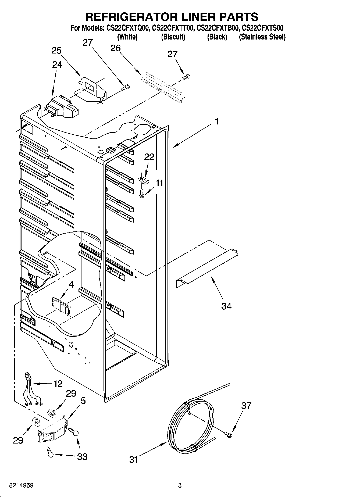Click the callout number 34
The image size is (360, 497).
point(226,306)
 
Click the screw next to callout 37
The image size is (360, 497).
point(228,434)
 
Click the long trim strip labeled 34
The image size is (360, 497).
point(207,269)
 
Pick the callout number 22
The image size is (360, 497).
point(149,157)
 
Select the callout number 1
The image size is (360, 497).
point(217,121)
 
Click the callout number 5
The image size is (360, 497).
point(83,401)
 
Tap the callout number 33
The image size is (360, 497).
point(82,457)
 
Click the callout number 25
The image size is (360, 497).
point(56,50)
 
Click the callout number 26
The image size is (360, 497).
point(116,48)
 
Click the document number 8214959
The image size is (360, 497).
point(21,485)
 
